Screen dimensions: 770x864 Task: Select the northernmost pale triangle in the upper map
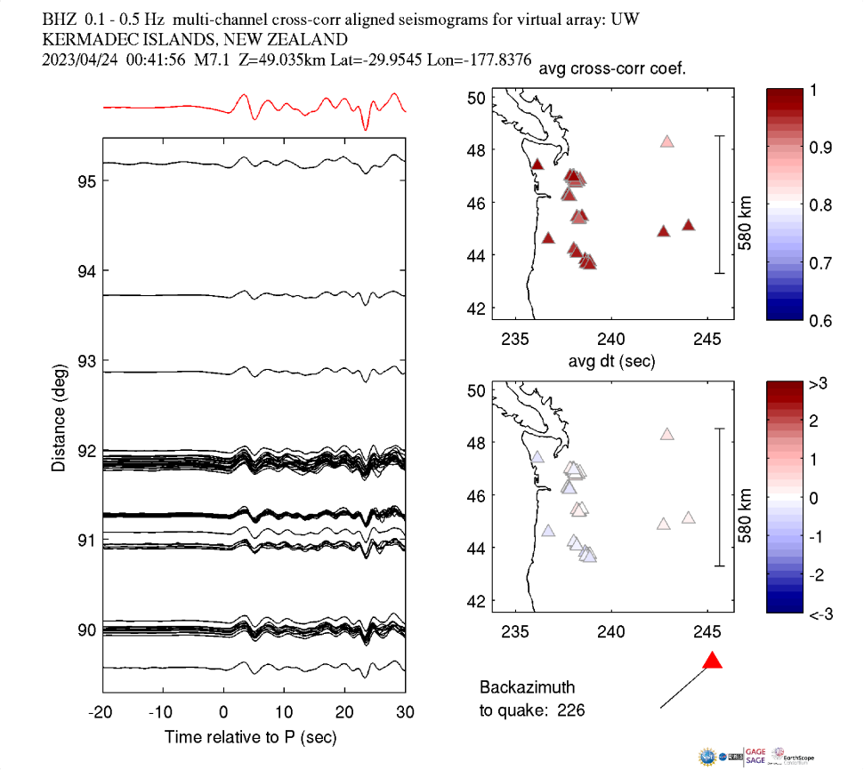(667, 141)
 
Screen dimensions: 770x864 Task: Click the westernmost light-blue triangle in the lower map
(537, 457)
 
